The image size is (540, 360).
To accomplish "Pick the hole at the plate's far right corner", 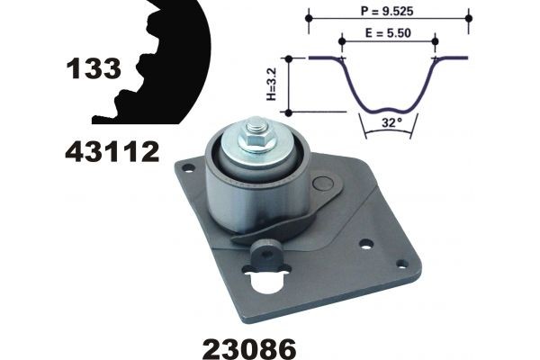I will tap(401, 264).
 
